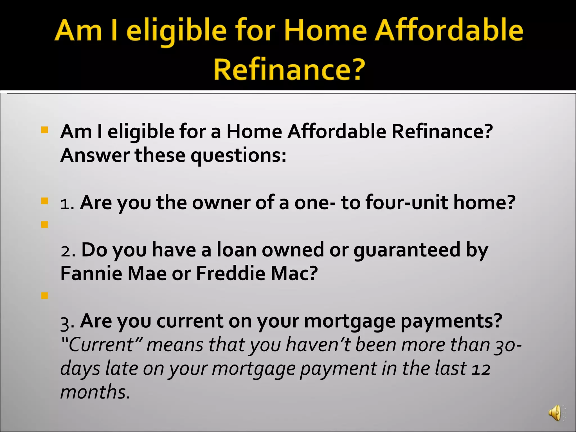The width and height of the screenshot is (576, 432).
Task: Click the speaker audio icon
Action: pyautogui.click(x=555, y=413)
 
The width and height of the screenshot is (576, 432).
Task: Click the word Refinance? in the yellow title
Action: pyautogui.click(x=289, y=69)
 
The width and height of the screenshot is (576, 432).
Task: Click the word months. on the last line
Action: pyautogui.click(x=95, y=392)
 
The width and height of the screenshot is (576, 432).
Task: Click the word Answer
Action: pyautogui.click(x=95, y=156)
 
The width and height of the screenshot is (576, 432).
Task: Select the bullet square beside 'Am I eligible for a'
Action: pyautogui.click(x=44, y=130)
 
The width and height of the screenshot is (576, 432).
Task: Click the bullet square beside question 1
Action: pyautogui.click(x=44, y=201)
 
